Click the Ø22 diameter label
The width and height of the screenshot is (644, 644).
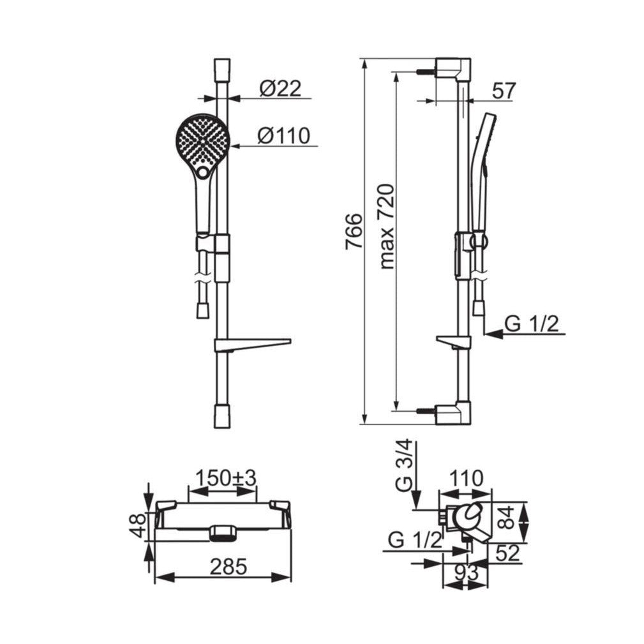coord(281,88)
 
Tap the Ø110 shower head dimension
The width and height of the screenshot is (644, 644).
coord(283,135)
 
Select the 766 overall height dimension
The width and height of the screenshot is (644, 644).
coord(354,231)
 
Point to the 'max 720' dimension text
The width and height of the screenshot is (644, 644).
coord(387,227)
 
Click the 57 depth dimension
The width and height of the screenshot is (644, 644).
coord(504,91)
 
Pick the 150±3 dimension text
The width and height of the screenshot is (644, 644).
coord(225,477)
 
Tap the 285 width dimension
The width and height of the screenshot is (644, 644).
coord(228,567)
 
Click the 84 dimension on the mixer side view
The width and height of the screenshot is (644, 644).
coord(507,518)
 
